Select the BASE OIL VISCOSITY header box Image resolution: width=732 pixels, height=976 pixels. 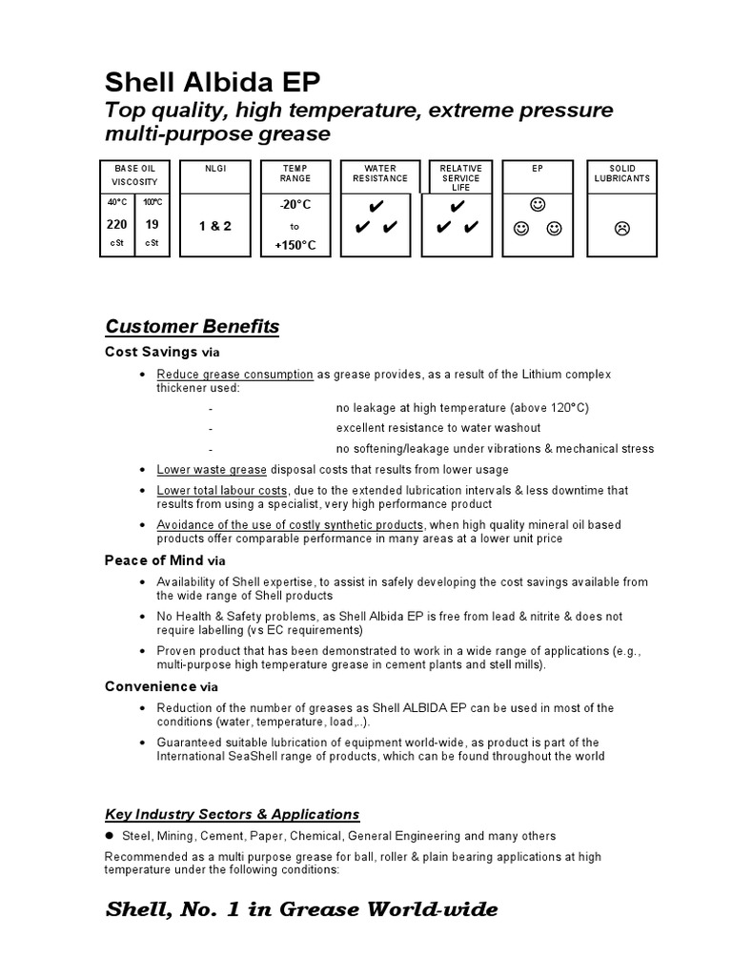pyautogui.click(x=134, y=173)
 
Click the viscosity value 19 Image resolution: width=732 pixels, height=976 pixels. pyautogui.click(x=152, y=225)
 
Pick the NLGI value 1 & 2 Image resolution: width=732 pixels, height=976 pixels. pyautogui.click(x=214, y=226)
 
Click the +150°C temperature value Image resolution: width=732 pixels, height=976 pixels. pyautogui.click(x=295, y=246)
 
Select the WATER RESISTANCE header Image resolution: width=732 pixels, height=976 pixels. pyautogui.click(x=379, y=173)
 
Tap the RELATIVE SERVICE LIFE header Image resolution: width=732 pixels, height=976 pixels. pyautogui.click(x=461, y=177)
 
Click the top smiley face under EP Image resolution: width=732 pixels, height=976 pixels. pyautogui.click(x=539, y=205)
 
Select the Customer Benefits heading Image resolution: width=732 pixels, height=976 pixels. pyautogui.click(x=192, y=327)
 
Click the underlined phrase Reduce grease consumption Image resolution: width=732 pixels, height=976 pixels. pyautogui.click(x=235, y=375)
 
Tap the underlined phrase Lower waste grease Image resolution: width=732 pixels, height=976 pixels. pyautogui.click(x=213, y=469)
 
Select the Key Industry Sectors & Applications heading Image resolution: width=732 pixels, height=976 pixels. pyautogui.click(x=233, y=814)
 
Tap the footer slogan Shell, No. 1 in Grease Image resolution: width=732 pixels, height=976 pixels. pyautogui.click(x=300, y=909)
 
